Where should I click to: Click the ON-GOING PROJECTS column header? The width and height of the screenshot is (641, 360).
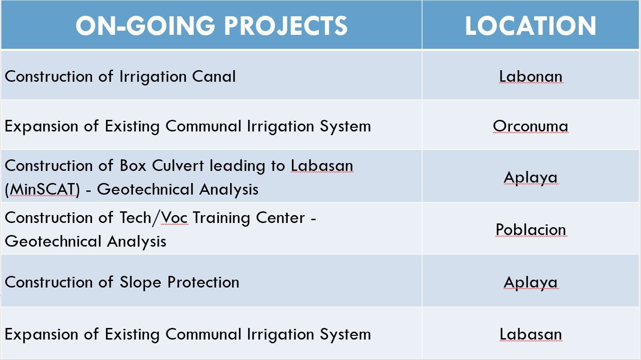tap(211, 26)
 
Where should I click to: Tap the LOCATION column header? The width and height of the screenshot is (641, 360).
tap(530, 26)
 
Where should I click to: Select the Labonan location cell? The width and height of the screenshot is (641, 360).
tap(531, 76)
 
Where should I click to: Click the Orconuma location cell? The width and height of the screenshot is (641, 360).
tap(530, 126)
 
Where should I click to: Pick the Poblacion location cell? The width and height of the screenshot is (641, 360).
tap(531, 229)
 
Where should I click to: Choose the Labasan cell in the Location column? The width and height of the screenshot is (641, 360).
tap(531, 334)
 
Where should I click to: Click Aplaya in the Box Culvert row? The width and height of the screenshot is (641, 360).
tap(530, 178)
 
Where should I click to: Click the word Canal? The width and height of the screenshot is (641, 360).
tap(214, 76)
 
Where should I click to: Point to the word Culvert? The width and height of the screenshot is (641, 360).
tap(178, 165)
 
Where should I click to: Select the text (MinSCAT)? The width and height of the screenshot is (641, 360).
tap(42, 190)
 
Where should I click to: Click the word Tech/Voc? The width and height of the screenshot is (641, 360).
tap(154, 218)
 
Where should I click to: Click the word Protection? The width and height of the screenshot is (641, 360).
tap(203, 282)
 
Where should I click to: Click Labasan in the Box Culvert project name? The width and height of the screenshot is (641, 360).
tap(322, 165)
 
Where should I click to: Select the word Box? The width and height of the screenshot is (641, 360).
tap(133, 166)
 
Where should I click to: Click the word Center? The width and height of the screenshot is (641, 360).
tap(280, 218)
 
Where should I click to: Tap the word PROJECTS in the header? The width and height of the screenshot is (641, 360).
tap(285, 26)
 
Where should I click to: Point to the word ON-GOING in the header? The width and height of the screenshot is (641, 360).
tap(145, 26)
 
